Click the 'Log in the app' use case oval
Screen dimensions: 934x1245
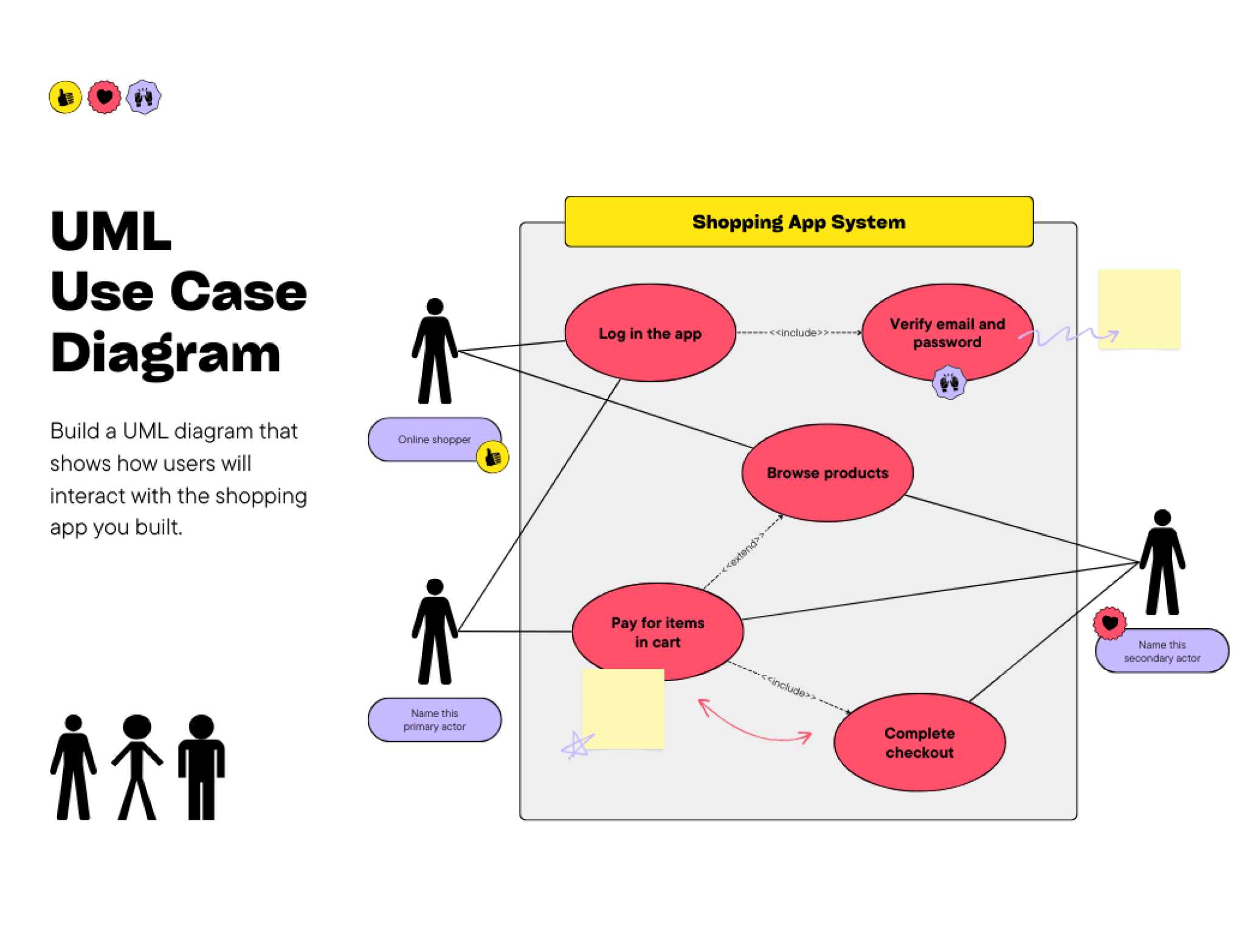pos(649,333)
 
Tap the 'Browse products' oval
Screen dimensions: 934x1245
pos(827,472)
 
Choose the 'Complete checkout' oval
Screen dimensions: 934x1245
pos(919,742)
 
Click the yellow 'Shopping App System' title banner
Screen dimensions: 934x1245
pos(798,222)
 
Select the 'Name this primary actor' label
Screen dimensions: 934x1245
pos(434,720)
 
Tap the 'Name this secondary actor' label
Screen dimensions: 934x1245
pos(1162,651)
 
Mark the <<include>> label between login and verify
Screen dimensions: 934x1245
pos(798,333)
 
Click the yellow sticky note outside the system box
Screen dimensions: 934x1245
pos(1139,309)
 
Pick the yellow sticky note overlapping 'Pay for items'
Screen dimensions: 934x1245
pos(622,708)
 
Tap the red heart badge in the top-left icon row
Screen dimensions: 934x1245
pos(105,97)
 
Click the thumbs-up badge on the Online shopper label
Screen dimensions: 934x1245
pos(492,457)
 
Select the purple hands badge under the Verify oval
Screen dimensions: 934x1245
pos(948,382)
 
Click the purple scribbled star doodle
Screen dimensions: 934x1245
pos(576,745)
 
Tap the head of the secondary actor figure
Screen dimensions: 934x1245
pos(1162,517)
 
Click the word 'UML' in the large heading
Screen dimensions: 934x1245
pos(111,232)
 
